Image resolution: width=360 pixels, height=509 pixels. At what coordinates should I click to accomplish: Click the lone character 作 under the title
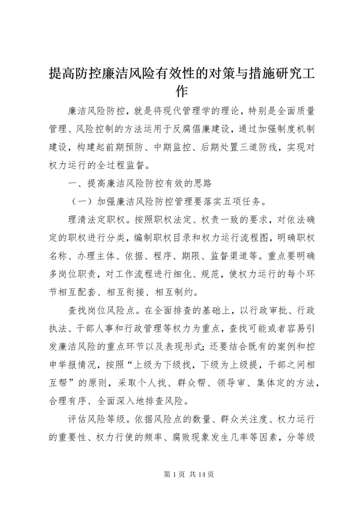click(x=180, y=91)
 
